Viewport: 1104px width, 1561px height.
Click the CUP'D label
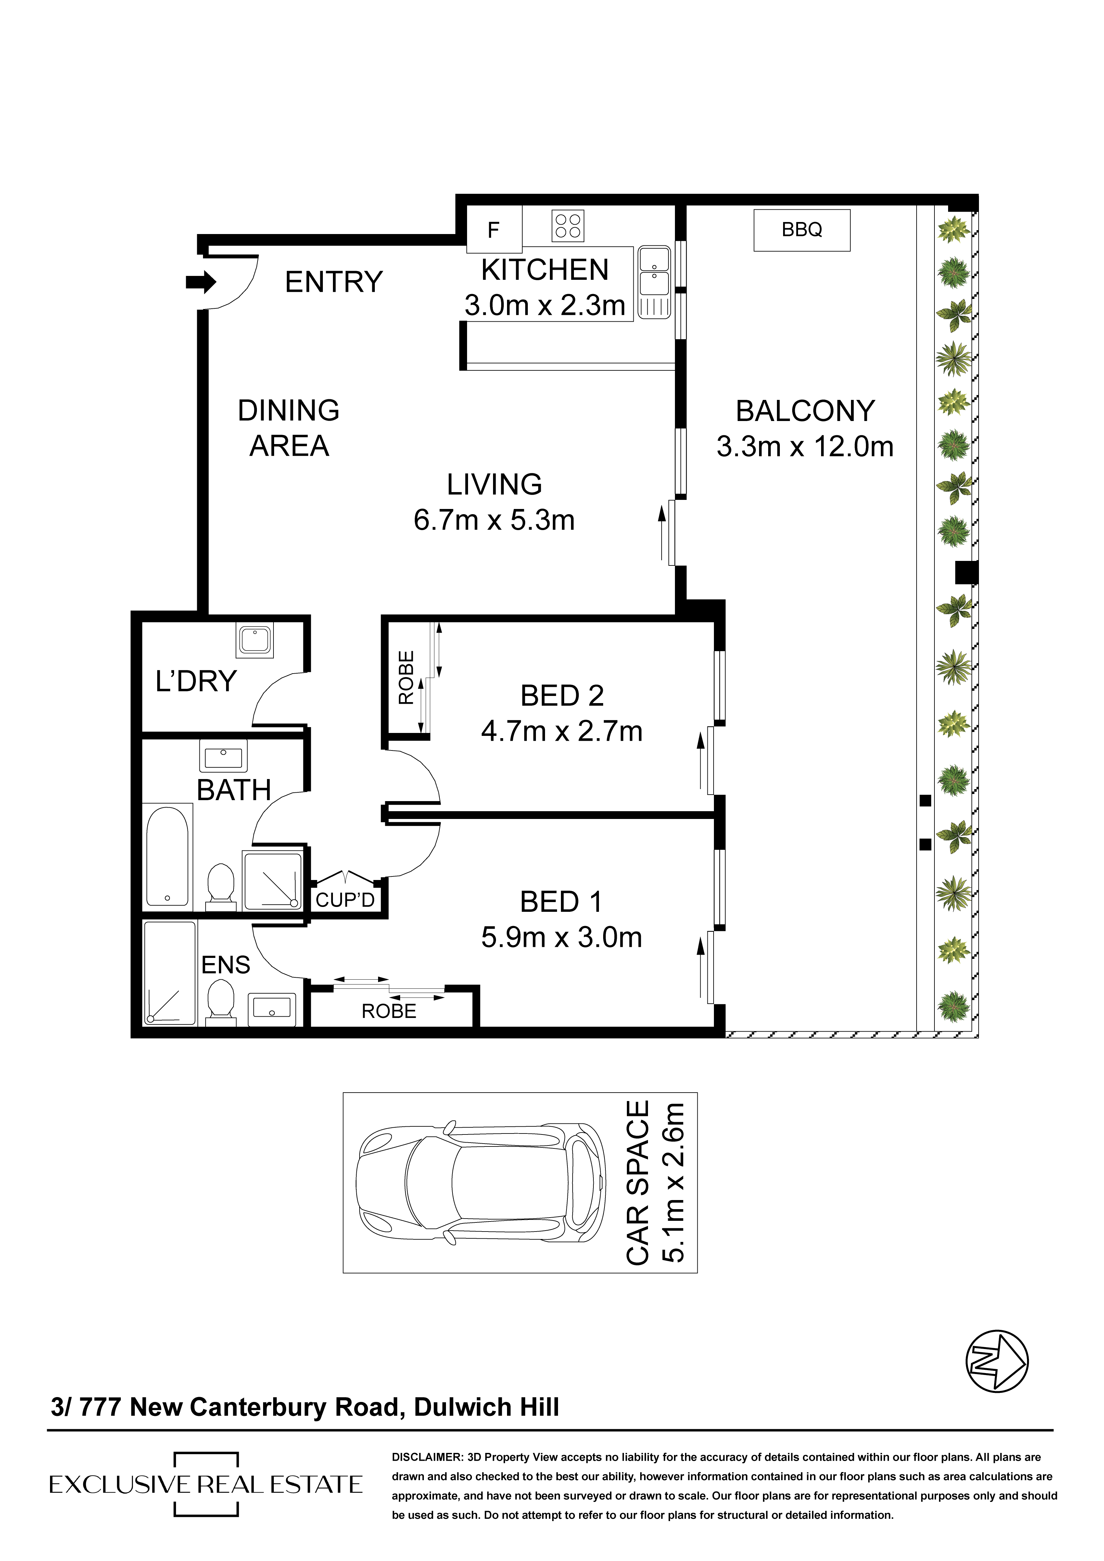click(x=345, y=900)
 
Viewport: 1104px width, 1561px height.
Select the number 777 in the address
click(x=100, y=1407)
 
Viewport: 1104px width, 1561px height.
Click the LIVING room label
click(x=495, y=485)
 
